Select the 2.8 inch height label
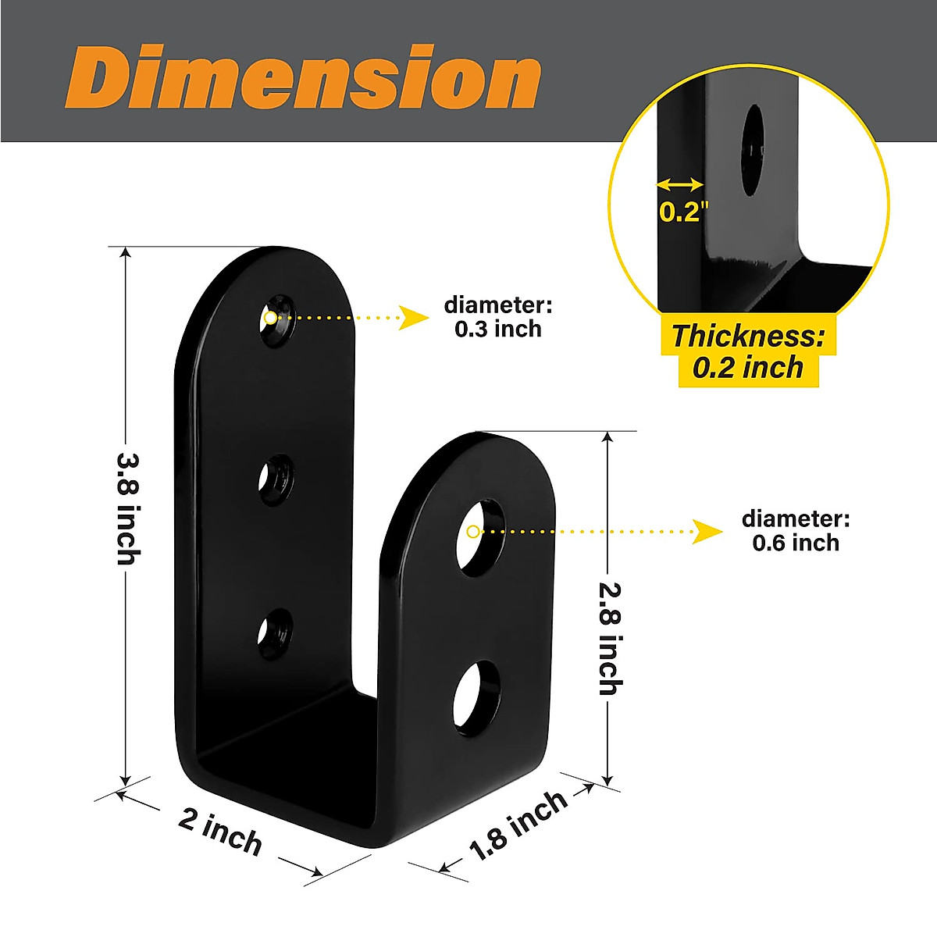pyautogui.click(x=610, y=638)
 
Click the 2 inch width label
pyautogui.click(x=220, y=832)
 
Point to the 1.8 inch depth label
pyautogui.click(x=518, y=825)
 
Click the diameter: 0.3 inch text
pyautogui.click(x=498, y=317)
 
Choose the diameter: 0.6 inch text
pyautogui.click(x=796, y=531)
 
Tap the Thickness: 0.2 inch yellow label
pyautogui.click(x=748, y=351)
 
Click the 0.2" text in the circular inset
pyautogui.click(x=683, y=212)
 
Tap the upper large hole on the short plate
pyautogui.click(x=480, y=537)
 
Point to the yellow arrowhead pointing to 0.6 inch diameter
pyautogui.click(x=708, y=532)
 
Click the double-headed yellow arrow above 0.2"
pyautogui.click(x=679, y=185)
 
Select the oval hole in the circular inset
pyautogui.click(x=752, y=150)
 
